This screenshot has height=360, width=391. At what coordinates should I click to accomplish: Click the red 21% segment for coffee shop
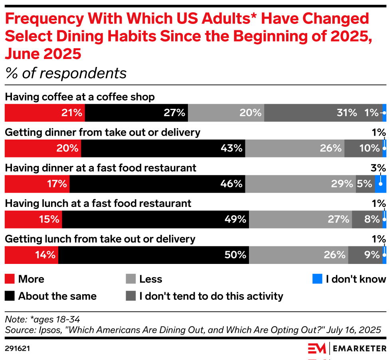tap(44, 113)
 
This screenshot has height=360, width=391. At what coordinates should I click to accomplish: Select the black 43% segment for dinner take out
tap(163, 148)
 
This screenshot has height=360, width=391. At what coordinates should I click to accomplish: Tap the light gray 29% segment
tap(300, 184)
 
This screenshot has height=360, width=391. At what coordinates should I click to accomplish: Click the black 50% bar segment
tap(153, 255)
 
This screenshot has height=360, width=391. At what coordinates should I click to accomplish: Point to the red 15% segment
tap(33, 219)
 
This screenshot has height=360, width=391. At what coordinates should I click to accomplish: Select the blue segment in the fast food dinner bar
tap(381, 184)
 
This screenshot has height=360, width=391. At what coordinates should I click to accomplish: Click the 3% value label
tap(378, 168)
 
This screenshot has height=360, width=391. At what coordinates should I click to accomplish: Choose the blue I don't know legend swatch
tap(317, 279)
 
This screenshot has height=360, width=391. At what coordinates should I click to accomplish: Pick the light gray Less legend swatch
tap(130, 279)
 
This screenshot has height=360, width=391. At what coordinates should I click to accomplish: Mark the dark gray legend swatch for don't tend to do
tap(130, 296)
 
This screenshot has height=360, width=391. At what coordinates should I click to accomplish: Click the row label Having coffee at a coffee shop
tap(80, 97)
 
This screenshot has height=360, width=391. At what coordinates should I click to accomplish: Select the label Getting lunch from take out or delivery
tap(100, 239)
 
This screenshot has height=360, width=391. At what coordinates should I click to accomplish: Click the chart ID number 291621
tap(18, 348)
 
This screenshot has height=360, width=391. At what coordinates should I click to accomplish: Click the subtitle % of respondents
tap(66, 73)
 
